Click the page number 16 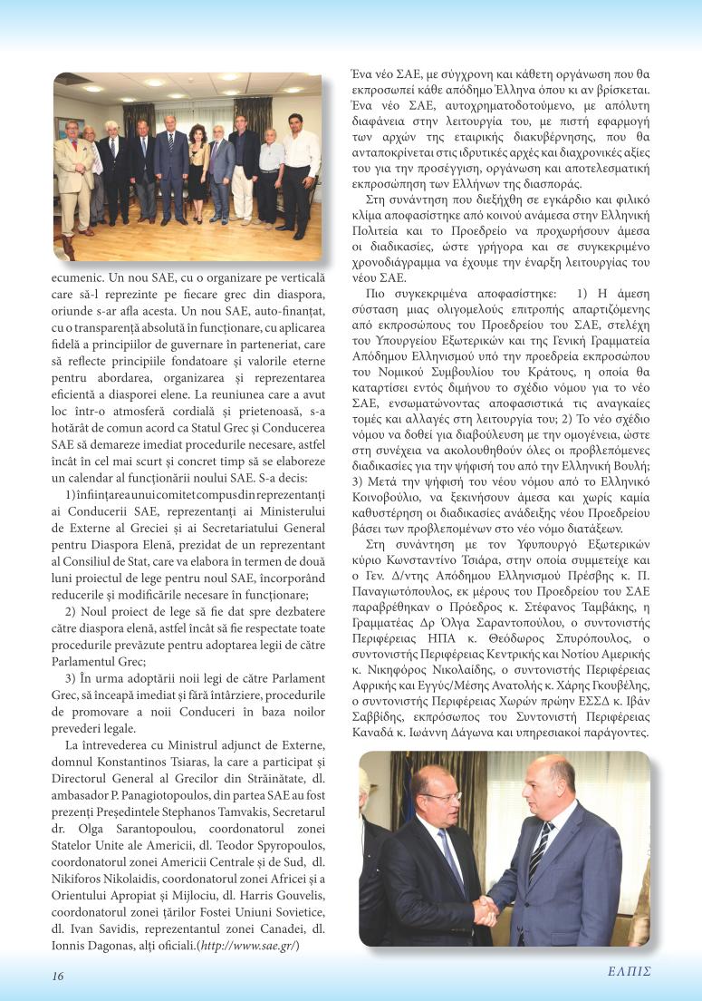(57, 976)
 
